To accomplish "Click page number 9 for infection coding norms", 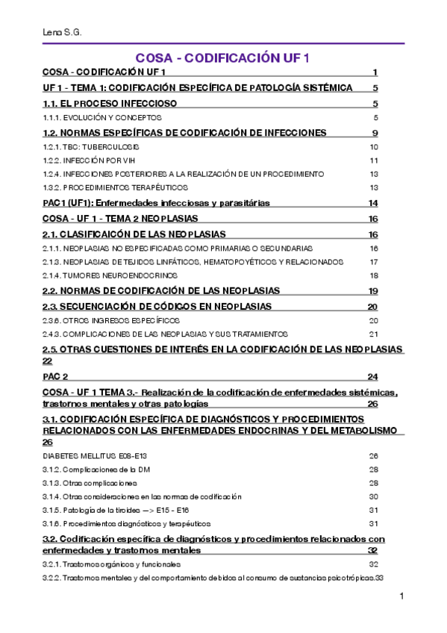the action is [374, 133].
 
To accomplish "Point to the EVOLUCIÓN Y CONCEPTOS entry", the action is [101, 118].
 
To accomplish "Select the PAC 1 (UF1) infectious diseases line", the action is [156, 203].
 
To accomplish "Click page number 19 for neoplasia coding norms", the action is [373, 290].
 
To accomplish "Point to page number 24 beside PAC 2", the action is [373, 377].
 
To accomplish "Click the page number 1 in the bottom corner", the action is [401, 595].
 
